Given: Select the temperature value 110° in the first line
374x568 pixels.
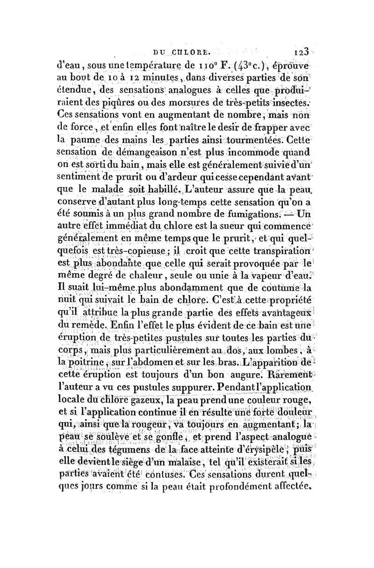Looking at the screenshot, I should click(x=205, y=60).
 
